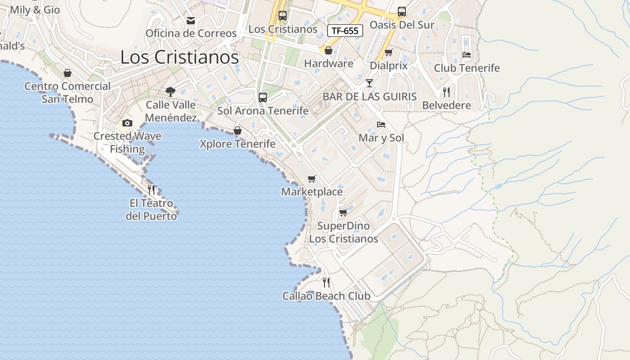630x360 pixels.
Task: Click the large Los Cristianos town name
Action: pos(180,57)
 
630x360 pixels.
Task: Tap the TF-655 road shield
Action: pos(345,31)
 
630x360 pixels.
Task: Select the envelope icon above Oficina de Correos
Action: pos(191,21)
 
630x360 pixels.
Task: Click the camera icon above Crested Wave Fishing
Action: pos(127,123)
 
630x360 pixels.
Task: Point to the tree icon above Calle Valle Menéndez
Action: pos(171,92)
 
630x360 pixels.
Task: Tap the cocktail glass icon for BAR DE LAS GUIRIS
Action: pos(369,83)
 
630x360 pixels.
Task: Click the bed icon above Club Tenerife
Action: pos(467,55)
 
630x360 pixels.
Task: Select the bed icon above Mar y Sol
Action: pos(381,125)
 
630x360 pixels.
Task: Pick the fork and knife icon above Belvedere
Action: pos(446,92)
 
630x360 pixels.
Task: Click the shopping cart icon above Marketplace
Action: pos(312,179)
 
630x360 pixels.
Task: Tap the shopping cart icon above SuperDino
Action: pos(343,212)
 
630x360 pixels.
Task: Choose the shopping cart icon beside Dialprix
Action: pos(389,53)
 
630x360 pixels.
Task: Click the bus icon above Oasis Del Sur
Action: pos(402,12)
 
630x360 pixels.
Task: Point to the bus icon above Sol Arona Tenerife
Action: pos(263,97)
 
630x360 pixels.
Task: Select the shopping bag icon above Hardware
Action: pos(328,50)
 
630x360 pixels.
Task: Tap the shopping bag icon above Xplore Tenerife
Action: pos(238,131)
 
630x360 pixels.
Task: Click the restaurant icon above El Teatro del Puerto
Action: pos(151,190)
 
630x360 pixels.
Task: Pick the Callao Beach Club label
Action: pos(326,296)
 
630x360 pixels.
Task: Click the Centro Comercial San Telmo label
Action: pos(67,92)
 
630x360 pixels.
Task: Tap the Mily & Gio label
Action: pos(35,10)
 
